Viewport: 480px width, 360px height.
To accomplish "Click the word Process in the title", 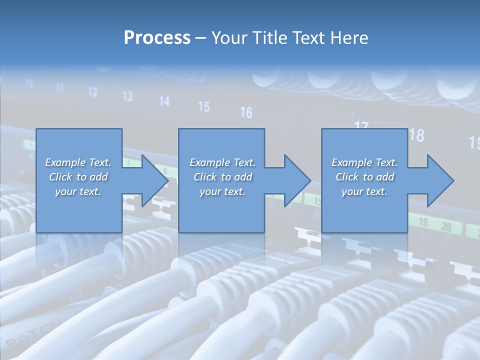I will pos(157,38).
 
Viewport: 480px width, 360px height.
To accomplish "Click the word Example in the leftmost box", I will pos(65,162).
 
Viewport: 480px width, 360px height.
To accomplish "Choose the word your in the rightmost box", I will pos(351,191).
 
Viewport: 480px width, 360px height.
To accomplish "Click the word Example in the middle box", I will pos(209,162).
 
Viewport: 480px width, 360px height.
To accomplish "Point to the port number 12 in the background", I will pos(93,92).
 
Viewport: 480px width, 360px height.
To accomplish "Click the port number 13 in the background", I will pos(127,96).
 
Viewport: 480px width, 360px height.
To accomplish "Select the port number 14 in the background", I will pos(164,101).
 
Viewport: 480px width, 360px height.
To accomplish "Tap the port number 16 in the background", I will pos(246,112).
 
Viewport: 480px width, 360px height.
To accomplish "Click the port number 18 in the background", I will pos(416,135).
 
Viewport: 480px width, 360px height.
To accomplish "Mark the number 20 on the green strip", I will pos(444,227).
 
